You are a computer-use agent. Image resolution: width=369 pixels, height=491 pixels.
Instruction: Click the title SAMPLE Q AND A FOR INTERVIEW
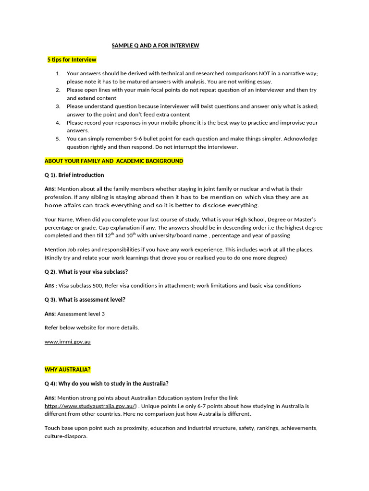coord(155,46)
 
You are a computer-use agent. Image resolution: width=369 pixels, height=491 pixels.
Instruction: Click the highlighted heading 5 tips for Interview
coord(72,60)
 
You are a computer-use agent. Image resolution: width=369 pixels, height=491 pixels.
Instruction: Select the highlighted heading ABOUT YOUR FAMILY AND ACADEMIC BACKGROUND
coord(114,161)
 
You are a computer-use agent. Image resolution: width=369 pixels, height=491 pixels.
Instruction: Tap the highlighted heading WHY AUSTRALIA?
coord(68,370)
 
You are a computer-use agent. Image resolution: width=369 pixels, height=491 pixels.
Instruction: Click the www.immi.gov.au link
coord(68,342)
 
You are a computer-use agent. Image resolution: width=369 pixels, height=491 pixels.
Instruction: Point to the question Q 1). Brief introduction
coord(74,175)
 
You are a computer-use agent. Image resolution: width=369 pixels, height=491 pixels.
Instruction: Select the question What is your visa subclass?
coord(93,272)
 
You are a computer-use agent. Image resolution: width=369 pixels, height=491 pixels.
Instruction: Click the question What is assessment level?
coord(92,300)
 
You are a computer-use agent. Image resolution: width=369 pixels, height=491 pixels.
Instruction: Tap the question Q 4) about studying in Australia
coord(107,384)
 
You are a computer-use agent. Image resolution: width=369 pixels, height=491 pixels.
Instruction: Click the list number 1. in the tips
coord(58,73)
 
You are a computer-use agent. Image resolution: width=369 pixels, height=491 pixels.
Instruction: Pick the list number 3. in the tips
coord(58,106)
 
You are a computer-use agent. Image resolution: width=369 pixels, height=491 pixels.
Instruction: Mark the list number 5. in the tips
coord(58,139)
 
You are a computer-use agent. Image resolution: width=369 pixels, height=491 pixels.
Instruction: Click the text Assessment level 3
coord(81,314)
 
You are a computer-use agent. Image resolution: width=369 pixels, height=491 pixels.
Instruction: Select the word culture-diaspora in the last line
coord(66,436)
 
